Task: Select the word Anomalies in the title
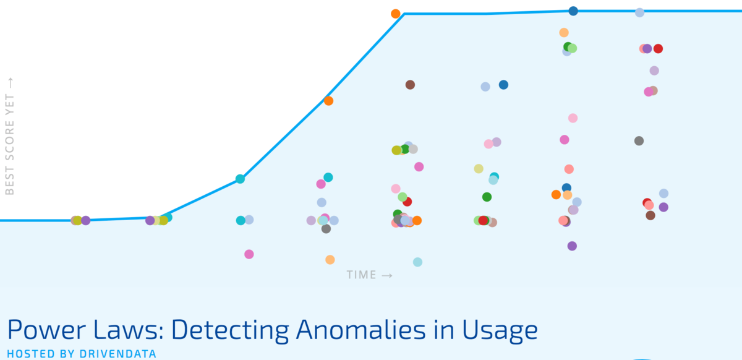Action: coord(360,330)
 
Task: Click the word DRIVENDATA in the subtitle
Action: coord(118,354)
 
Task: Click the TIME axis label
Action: coord(361,275)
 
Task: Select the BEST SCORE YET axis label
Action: coord(10,145)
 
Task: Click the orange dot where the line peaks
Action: coord(396,14)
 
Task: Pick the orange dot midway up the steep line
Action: coord(328,101)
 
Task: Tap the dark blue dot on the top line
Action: coord(573,11)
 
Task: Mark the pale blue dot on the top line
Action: coord(639,12)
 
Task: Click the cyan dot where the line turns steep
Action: coord(240,179)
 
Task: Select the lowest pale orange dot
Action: coord(330,260)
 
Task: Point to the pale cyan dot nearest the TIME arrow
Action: coord(418,262)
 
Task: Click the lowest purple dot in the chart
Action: coord(572,246)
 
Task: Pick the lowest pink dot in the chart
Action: coord(249,254)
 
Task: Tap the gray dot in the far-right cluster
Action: coord(639,141)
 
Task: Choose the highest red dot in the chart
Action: coord(658,49)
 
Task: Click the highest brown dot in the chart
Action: coord(410,85)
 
